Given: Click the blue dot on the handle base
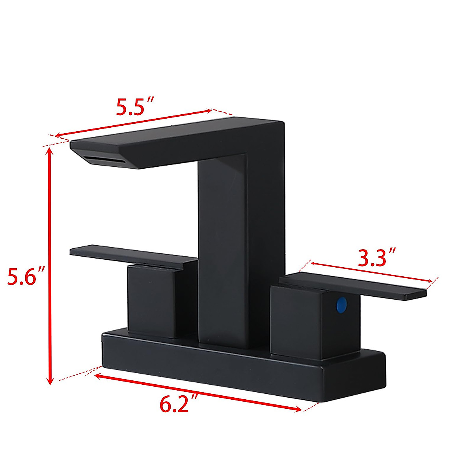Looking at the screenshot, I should [341, 305].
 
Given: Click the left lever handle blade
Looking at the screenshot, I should [130, 256].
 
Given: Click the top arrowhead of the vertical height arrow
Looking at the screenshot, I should [49, 150].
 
